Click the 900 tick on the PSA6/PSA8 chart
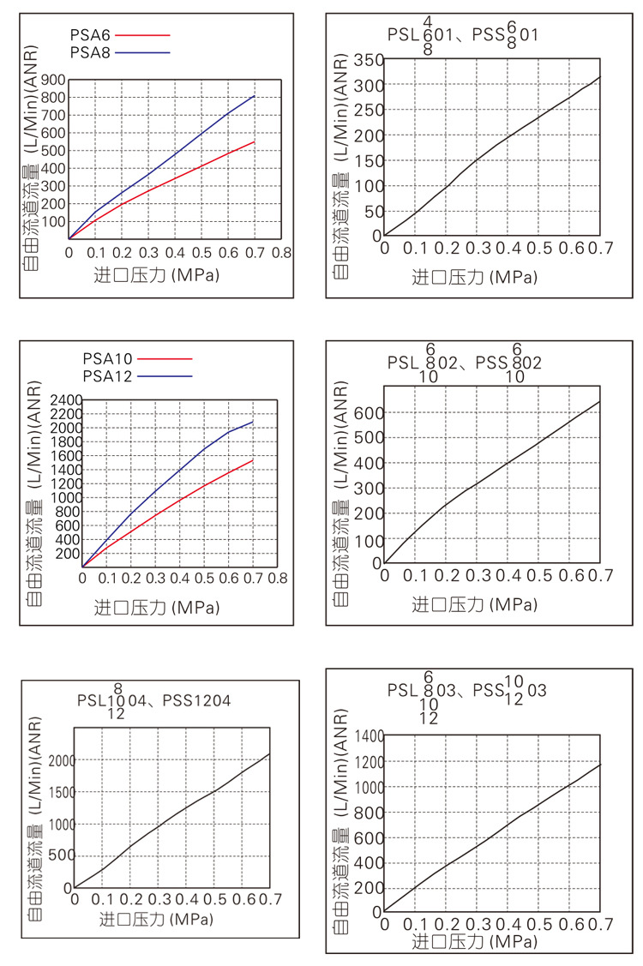52,80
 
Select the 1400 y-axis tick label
363,736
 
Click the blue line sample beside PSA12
164,375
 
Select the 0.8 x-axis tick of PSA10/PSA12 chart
276,579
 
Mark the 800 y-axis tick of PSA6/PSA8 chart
52,97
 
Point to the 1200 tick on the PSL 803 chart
363,761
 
